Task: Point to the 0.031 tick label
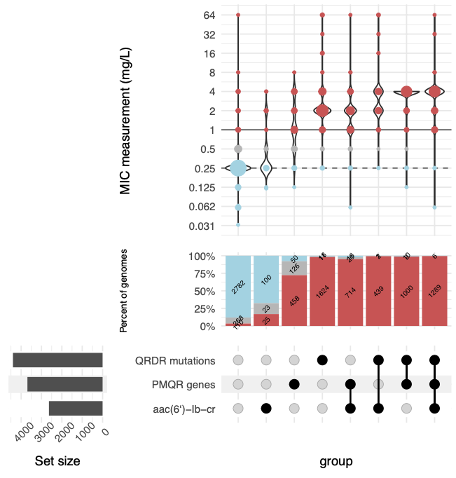(203, 226)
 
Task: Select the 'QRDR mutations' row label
(175, 360)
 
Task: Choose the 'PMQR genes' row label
(184, 384)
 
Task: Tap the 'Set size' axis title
(57, 461)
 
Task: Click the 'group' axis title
(336, 461)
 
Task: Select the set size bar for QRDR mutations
(57, 360)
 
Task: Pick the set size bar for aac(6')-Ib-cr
(76, 409)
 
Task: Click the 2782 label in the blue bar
(238, 285)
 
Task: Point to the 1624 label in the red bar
(322, 292)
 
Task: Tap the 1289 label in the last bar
(434, 292)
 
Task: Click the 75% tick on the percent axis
(209, 274)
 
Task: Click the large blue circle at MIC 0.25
(238, 168)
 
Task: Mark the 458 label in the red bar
(294, 301)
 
